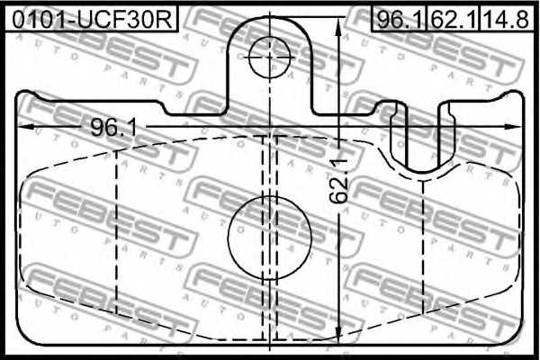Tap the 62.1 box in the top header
point(454,17)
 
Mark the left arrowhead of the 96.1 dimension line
point(24,127)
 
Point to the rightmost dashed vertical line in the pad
point(424,243)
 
